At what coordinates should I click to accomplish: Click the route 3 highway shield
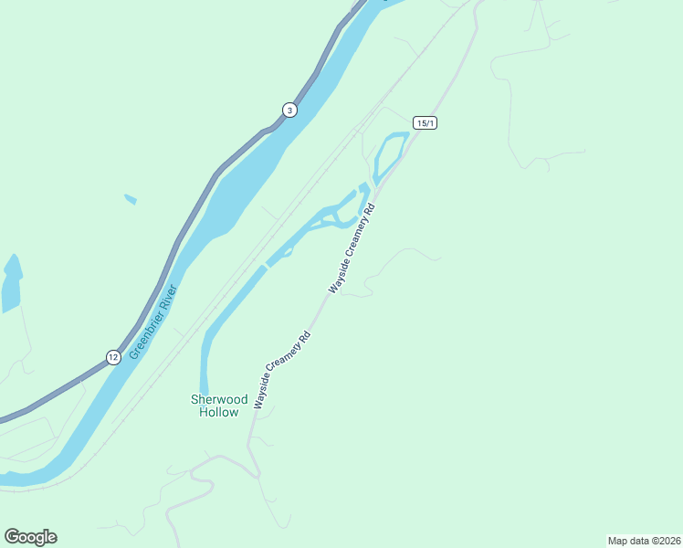click(289, 111)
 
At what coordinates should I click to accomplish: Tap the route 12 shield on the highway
click(111, 356)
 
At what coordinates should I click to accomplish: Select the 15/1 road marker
click(424, 122)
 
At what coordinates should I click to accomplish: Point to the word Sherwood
click(219, 399)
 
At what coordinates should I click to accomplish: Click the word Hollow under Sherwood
click(219, 412)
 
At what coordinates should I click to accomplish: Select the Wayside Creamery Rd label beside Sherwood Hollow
click(283, 369)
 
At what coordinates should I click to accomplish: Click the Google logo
click(30, 536)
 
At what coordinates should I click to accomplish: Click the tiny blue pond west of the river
click(131, 198)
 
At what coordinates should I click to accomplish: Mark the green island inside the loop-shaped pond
click(387, 154)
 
